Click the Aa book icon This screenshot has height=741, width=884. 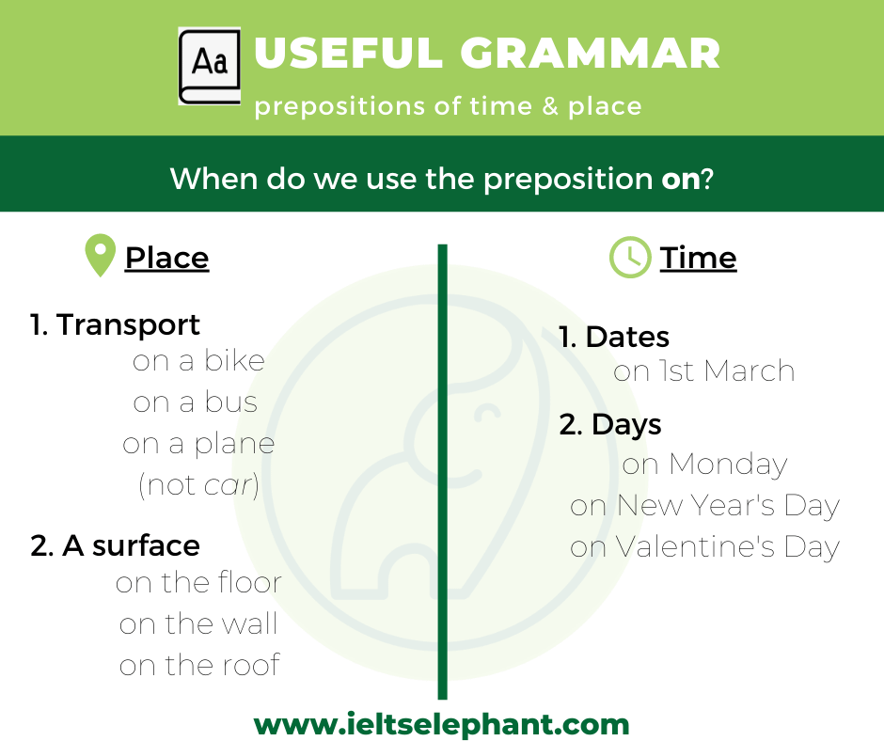click(210, 66)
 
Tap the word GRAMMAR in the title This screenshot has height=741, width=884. click(591, 53)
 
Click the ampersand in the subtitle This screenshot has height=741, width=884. click(550, 106)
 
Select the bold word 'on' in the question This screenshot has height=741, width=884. click(681, 179)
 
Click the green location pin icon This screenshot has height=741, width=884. click(101, 256)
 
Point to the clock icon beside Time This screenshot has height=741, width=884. click(630, 257)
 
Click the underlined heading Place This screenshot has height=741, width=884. click(166, 259)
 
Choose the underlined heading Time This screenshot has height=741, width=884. click(698, 259)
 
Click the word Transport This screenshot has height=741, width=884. click(128, 324)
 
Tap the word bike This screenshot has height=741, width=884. click(234, 361)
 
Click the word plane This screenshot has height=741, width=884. click(234, 445)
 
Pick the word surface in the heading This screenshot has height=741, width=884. click(146, 546)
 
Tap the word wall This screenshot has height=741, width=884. click(249, 624)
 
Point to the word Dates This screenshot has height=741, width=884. click(627, 338)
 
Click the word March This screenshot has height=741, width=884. click(750, 371)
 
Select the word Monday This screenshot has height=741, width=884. click(728, 465)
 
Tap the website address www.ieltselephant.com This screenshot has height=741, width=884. click(441, 725)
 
